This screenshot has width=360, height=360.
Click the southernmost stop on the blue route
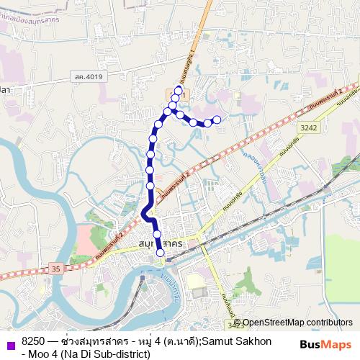(x=160, y=251)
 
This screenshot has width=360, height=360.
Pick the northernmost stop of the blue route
(x=179, y=90)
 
